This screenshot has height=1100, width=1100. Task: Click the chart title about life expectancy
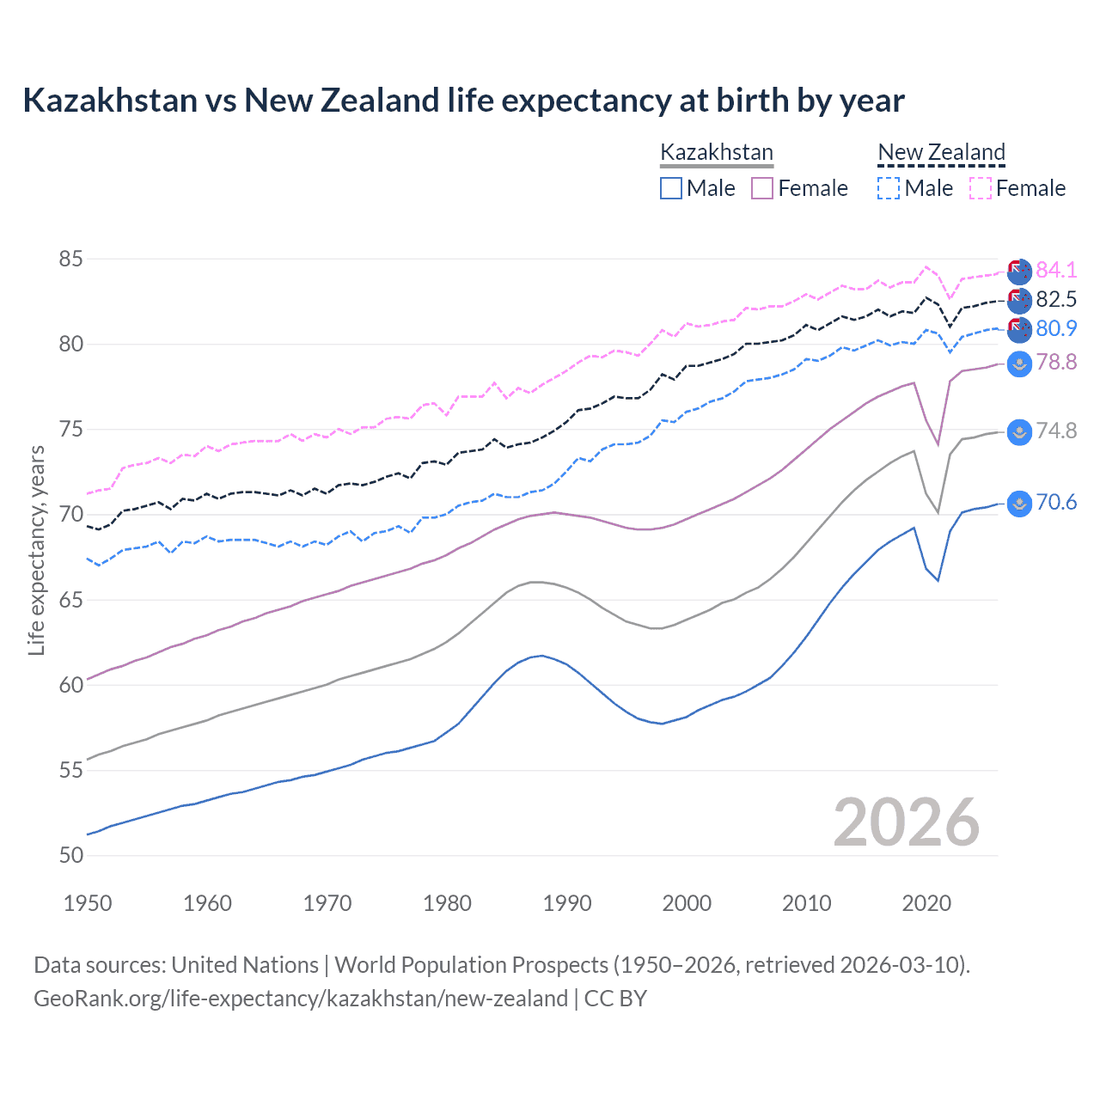tap(463, 101)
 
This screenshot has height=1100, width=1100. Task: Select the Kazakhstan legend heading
tap(717, 153)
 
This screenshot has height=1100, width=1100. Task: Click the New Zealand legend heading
tap(941, 153)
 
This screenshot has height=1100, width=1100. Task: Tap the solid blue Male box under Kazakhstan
tap(671, 188)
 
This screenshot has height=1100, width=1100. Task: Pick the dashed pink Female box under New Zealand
tap(981, 188)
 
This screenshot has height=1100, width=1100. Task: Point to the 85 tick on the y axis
tap(71, 259)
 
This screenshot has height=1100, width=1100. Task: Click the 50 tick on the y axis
tap(71, 855)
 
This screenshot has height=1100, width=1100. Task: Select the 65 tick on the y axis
tap(71, 600)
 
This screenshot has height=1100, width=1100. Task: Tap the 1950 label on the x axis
tap(88, 903)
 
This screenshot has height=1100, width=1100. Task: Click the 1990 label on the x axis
tap(567, 903)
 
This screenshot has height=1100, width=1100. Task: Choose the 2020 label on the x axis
tap(926, 903)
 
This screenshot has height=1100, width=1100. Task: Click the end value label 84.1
tap(1056, 270)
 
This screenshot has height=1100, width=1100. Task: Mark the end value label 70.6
tap(1056, 503)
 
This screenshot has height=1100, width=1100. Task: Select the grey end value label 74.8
tap(1056, 431)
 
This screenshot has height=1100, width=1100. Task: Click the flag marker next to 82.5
tap(1019, 300)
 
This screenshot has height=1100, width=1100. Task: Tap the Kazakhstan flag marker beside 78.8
tap(1019, 364)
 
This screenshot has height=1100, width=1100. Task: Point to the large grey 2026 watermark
tap(906, 823)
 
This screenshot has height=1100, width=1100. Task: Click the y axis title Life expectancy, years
tap(36, 550)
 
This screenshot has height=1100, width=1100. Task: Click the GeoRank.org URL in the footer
tap(301, 999)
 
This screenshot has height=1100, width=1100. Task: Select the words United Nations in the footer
tap(245, 965)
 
